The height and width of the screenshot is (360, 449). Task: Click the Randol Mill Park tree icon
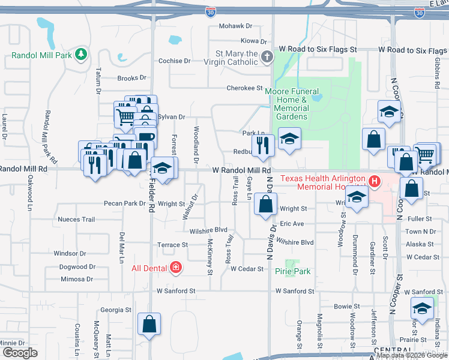click(80, 56)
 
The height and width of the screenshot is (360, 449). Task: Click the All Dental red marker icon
click(176, 267)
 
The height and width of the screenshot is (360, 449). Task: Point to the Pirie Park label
click(292, 272)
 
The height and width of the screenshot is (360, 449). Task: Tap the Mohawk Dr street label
click(235, 26)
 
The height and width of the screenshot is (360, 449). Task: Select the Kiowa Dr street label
click(253, 41)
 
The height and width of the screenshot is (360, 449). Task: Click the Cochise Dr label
click(174, 61)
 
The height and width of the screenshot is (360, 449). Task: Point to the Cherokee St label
click(244, 88)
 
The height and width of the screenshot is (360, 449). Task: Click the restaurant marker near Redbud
click(263, 146)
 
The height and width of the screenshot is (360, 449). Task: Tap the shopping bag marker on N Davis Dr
click(265, 205)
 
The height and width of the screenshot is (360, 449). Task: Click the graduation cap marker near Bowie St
click(422, 309)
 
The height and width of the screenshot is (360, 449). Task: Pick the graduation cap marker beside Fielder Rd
click(163, 169)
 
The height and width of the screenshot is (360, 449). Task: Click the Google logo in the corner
click(20, 353)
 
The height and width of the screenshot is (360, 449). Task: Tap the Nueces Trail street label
click(76, 220)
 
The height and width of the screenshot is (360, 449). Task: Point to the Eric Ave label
click(292, 224)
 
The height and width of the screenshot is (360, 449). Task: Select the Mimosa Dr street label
click(77, 279)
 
